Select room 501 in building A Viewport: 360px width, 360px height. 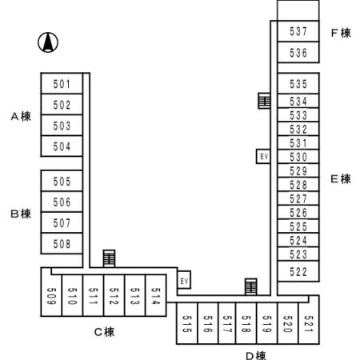[x=62, y=84]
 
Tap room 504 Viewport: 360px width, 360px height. [x=62, y=146]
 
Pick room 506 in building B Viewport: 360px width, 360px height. [x=62, y=202]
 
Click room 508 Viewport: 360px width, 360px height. [x=62, y=244]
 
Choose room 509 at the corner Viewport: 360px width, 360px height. [x=51, y=296]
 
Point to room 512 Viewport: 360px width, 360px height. [x=114, y=297]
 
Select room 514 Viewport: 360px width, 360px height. [x=155, y=297]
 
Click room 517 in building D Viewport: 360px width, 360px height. [x=227, y=323]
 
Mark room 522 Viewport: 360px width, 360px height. [x=298, y=271]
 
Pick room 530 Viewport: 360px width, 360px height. [x=298, y=157]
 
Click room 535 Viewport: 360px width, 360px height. [x=298, y=84]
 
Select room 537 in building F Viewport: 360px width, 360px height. [x=298, y=32]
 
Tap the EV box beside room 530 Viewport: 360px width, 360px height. [x=263, y=157]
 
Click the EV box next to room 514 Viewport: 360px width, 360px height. [x=184, y=281]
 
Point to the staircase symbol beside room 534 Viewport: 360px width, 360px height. [x=263, y=101]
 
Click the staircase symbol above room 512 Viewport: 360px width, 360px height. [x=109, y=258]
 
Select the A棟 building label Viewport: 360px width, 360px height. [x=21, y=117]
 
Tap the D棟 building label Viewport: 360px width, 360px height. [x=255, y=354]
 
